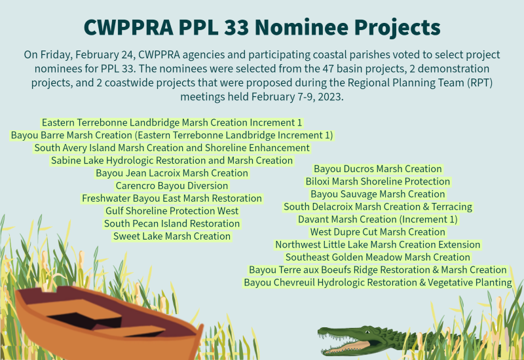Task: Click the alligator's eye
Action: tap(367, 332)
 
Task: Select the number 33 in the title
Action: tap(236, 27)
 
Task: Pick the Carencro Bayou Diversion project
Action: tap(172, 186)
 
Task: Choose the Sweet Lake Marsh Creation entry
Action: tap(172, 236)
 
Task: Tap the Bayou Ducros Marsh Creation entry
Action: tap(378, 169)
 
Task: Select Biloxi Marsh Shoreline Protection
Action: tap(378, 181)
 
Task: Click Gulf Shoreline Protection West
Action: tap(172, 211)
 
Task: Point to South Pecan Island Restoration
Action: tap(172, 223)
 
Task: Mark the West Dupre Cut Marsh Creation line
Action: tap(378, 232)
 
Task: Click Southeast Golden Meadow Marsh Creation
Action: tap(378, 257)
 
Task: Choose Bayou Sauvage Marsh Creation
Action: tap(378, 194)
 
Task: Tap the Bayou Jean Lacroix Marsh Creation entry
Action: tap(172, 173)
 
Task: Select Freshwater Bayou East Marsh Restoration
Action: tap(172, 198)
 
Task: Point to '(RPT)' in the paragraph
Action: tap(481, 82)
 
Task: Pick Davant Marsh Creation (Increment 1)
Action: tap(378, 219)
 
